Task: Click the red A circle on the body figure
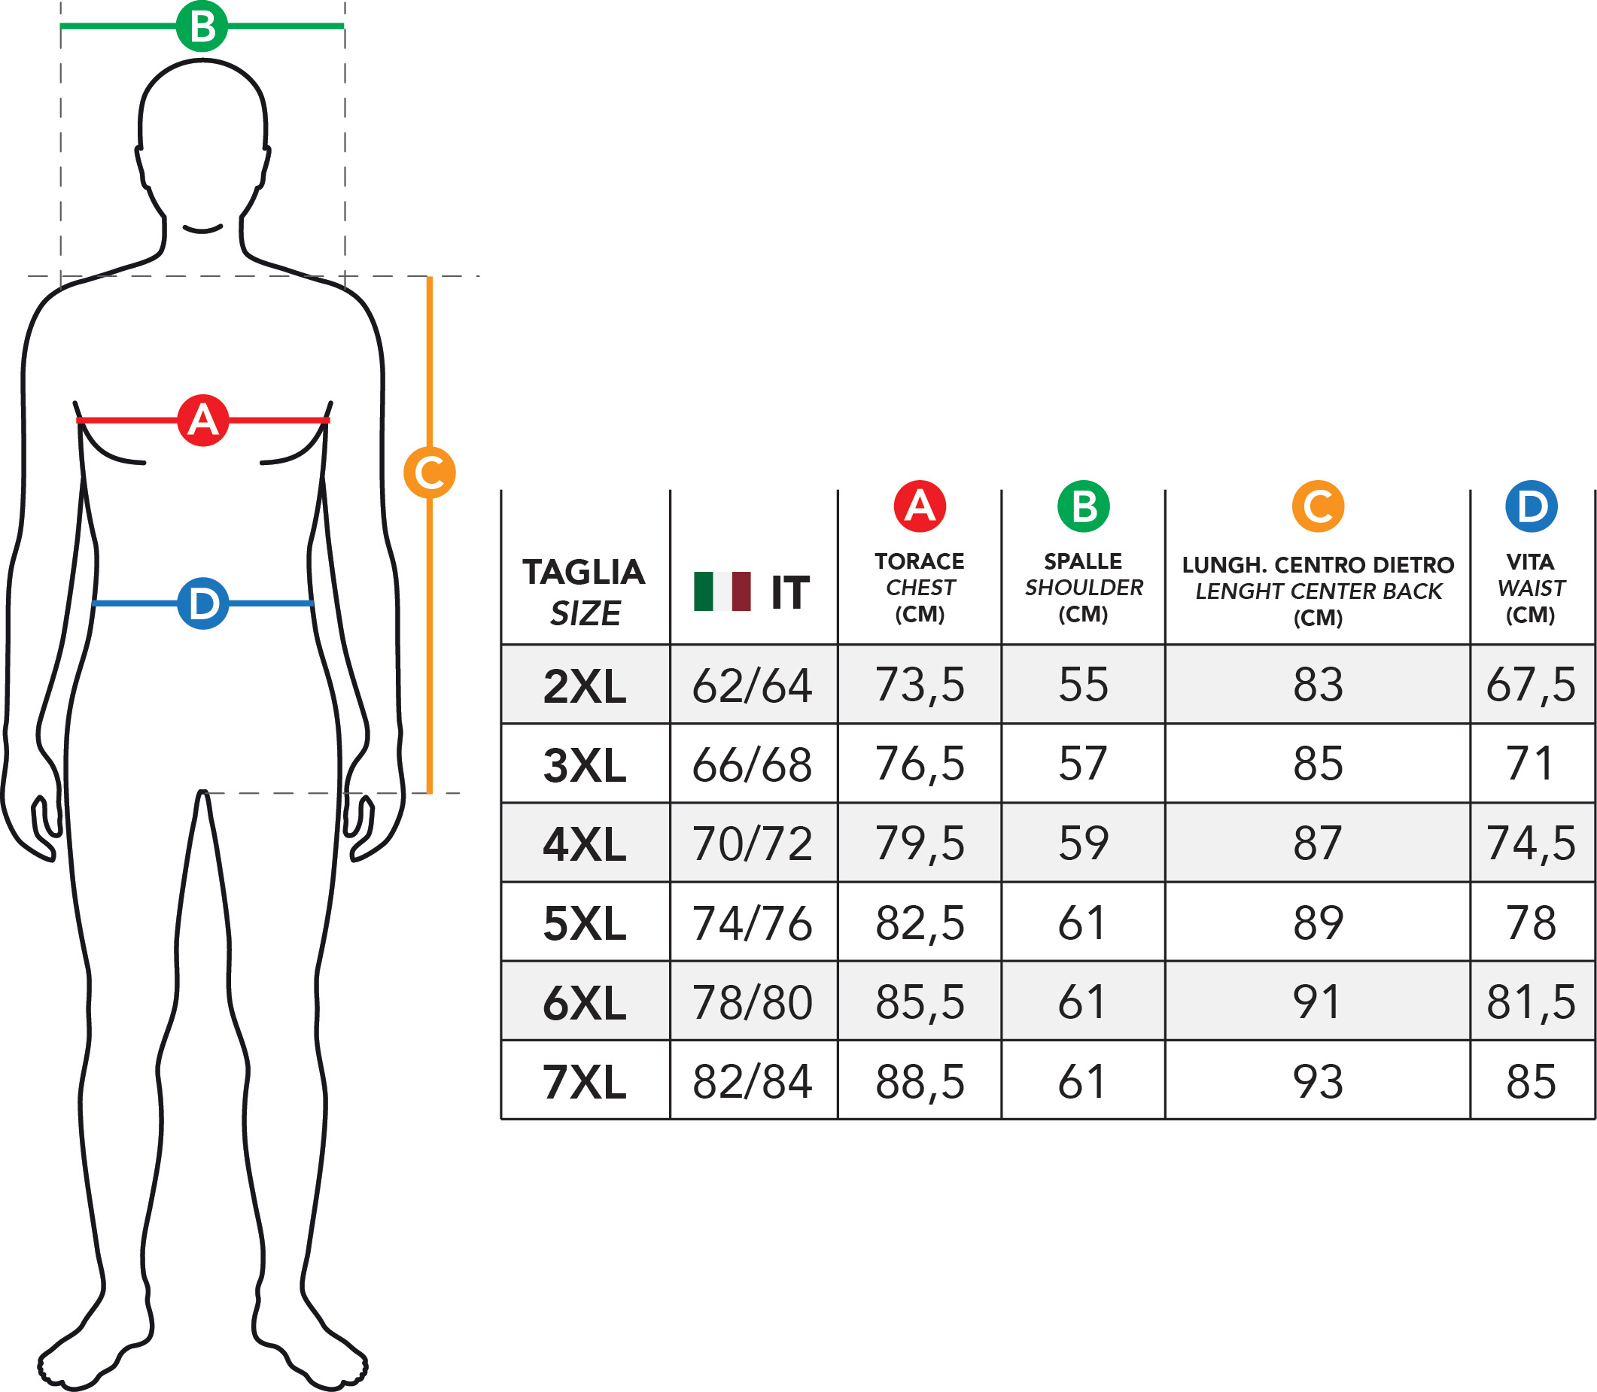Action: pyautogui.click(x=202, y=421)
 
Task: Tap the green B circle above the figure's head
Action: pyautogui.click(x=202, y=26)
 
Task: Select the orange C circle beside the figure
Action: pyautogui.click(x=430, y=473)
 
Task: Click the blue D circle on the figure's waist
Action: pyautogui.click(x=202, y=603)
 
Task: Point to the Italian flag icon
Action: pyautogui.click(x=722, y=591)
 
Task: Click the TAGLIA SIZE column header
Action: pyautogui.click(x=584, y=592)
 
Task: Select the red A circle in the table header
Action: pyautogui.click(x=920, y=506)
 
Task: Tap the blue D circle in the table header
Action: pyautogui.click(x=1531, y=506)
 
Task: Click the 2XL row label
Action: pyautogui.click(x=584, y=686)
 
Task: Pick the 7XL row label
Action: pyautogui.click(x=584, y=1082)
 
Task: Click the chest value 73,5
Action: pyautogui.click(x=920, y=685)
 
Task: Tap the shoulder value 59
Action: pyautogui.click(x=1084, y=843)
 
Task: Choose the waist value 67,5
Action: pyautogui.click(x=1531, y=685)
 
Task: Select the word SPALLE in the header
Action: pyautogui.click(x=1084, y=561)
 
